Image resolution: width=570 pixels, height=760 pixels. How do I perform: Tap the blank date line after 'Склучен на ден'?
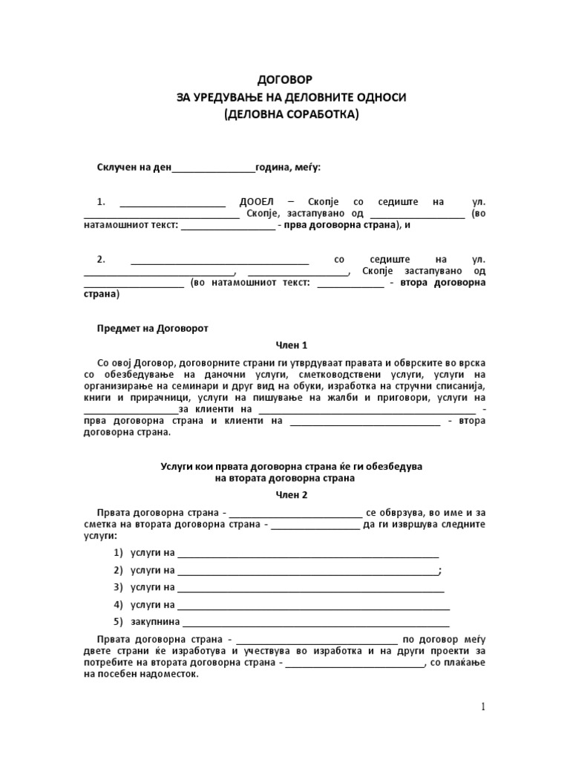(214, 168)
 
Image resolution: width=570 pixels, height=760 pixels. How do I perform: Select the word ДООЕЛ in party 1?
(257, 202)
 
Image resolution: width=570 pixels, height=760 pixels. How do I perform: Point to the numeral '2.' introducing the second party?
(102, 260)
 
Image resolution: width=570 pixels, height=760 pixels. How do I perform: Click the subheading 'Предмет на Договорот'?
(153, 327)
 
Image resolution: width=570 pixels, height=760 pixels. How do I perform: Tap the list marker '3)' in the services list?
(118, 586)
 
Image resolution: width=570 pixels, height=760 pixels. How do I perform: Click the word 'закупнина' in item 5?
(154, 621)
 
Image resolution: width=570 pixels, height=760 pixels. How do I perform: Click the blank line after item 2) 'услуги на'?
(307, 570)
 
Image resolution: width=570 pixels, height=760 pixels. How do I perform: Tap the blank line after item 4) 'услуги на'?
(312, 604)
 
